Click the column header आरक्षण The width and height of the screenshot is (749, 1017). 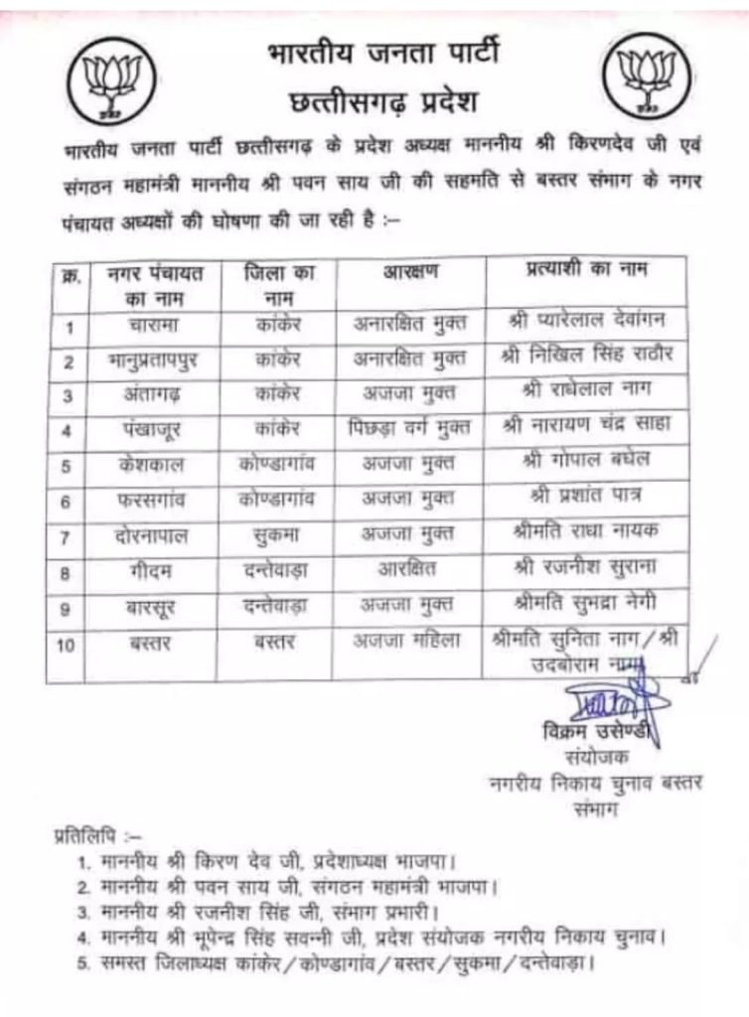410,273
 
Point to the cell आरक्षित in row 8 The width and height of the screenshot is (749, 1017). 407,570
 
